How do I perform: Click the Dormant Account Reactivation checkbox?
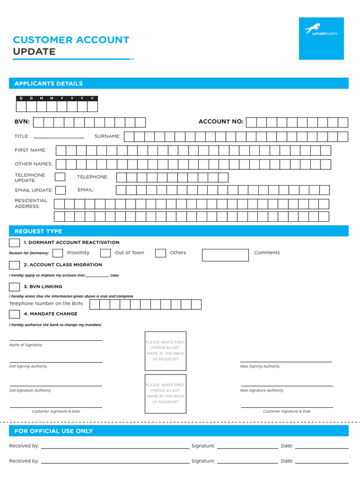coord(15,242)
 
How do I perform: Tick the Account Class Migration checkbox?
coord(15,265)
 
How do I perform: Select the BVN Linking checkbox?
coord(15,286)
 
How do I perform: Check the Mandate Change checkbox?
coord(15,314)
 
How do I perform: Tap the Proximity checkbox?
coord(58,253)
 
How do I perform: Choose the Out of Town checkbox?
coord(105,253)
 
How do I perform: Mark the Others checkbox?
coord(160,253)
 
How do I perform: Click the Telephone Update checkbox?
coord(60,177)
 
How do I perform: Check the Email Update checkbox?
coord(60,190)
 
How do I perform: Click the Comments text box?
coord(225,255)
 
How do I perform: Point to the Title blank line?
coord(59,136)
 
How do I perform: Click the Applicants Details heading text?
coord(48,83)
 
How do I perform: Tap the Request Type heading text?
coord(38,231)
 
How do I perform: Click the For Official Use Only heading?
coord(53,431)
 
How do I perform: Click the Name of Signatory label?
coord(26,345)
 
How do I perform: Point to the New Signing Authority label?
coord(260,367)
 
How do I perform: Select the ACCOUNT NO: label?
coord(221,122)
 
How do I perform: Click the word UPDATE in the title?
coord(34,52)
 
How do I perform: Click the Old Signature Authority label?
coord(30,390)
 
